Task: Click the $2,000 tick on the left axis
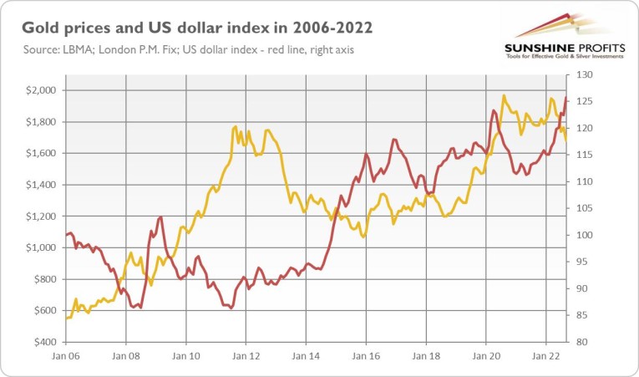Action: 41,90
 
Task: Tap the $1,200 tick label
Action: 41,217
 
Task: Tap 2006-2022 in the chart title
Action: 322,28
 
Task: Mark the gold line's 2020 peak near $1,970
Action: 503,95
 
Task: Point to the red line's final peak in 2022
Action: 565,99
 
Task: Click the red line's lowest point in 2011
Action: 231,308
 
